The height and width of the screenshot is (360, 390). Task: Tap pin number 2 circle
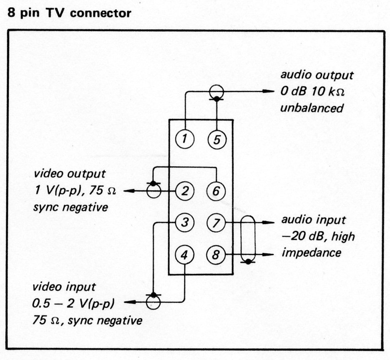[184, 191]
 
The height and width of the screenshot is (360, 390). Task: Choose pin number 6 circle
[216, 191]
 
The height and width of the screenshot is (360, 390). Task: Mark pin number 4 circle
[184, 254]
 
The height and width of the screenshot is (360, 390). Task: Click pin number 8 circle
[216, 254]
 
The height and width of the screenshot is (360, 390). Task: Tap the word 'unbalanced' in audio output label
[312, 108]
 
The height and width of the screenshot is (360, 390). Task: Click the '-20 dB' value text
[301, 236]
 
